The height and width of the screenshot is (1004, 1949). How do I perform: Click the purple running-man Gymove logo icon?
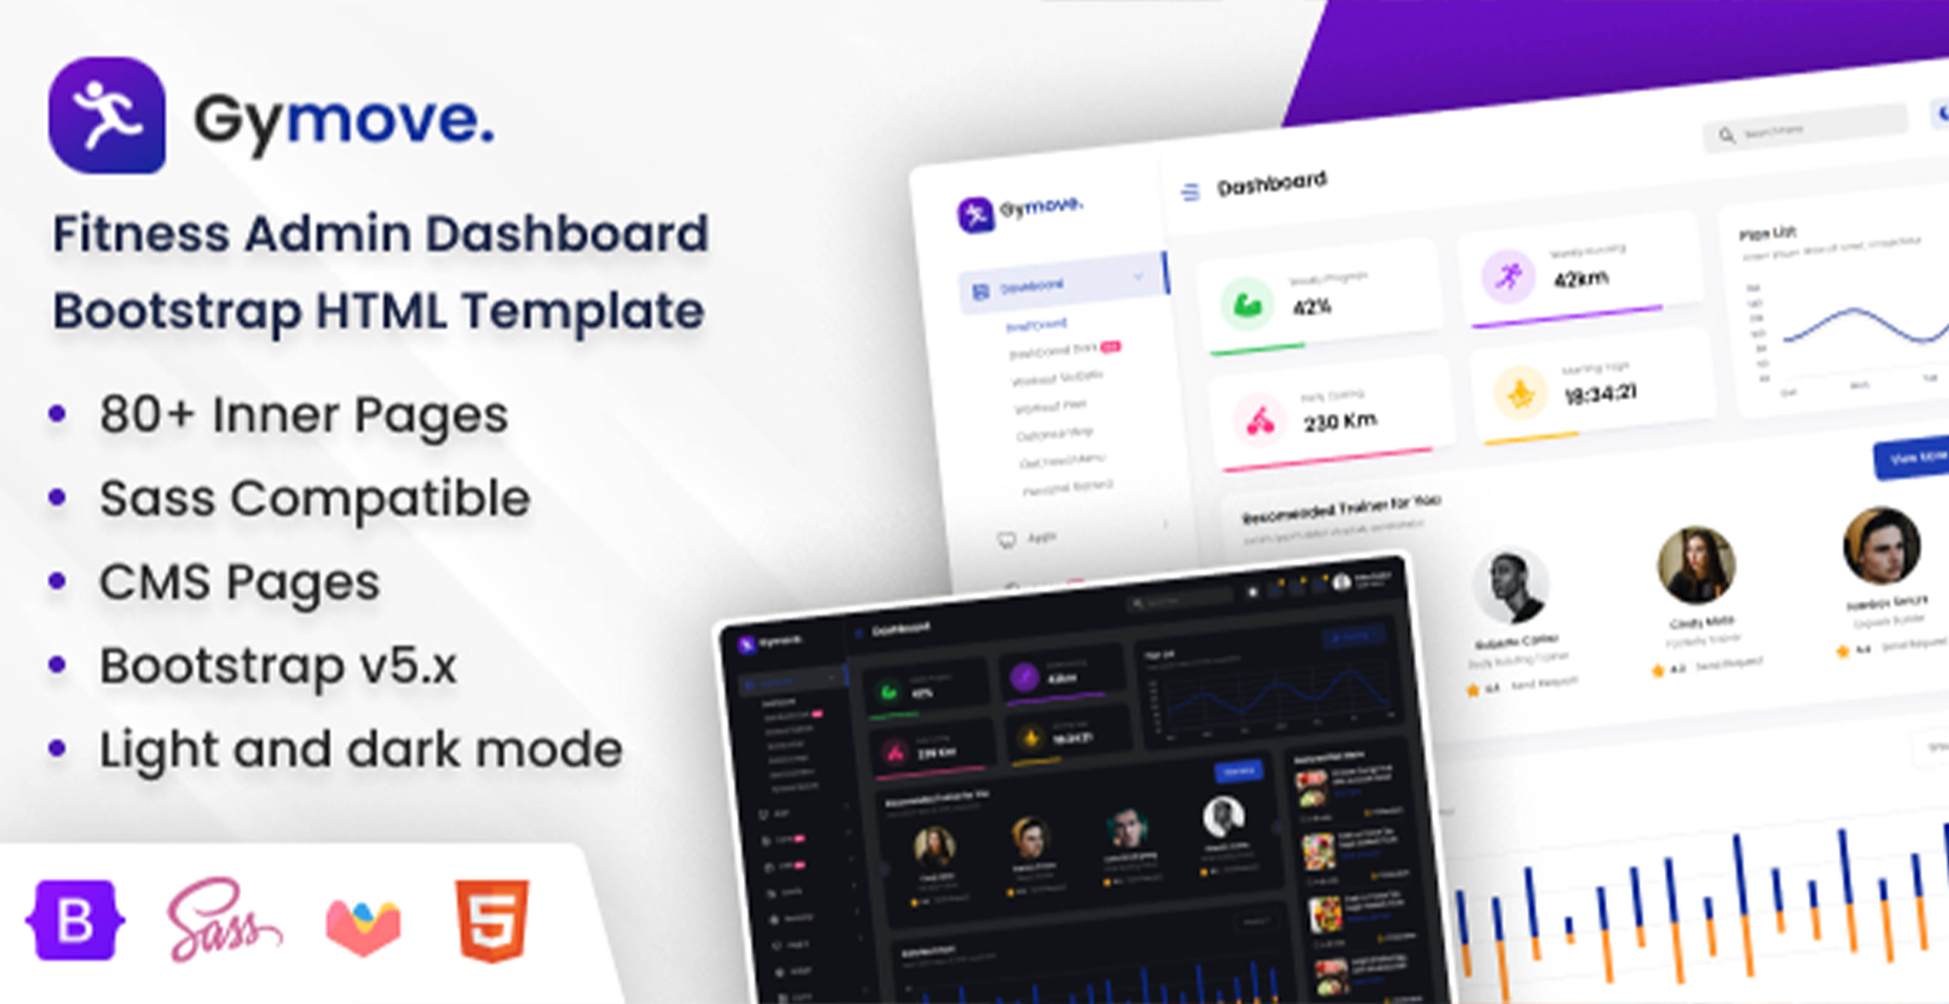pyautogui.click(x=106, y=115)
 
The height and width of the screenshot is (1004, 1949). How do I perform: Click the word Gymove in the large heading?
pyautogui.click(x=344, y=119)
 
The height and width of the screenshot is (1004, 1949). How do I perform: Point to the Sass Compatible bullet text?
pyautogui.click(x=315, y=499)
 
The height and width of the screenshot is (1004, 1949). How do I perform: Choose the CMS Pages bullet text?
pyautogui.click(x=239, y=582)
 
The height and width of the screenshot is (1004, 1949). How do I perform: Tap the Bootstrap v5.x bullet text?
pyautogui.click(x=278, y=666)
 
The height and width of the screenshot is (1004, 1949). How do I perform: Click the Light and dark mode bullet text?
pyautogui.click(x=361, y=750)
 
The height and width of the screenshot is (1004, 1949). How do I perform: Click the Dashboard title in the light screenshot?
pyautogui.click(x=1271, y=183)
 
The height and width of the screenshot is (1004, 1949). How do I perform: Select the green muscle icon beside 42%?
pyautogui.click(x=1246, y=304)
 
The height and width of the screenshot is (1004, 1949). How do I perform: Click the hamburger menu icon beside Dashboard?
pyautogui.click(x=1190, y=192)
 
